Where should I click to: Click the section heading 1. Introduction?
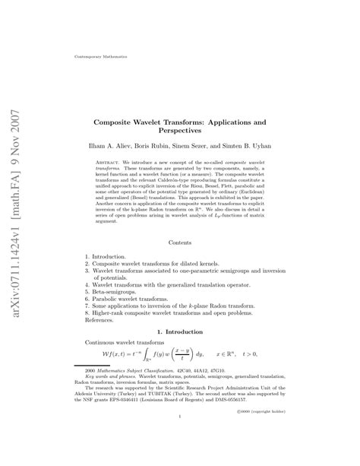(x=180, y=332)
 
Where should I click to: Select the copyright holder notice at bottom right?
(x=257, y=432)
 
